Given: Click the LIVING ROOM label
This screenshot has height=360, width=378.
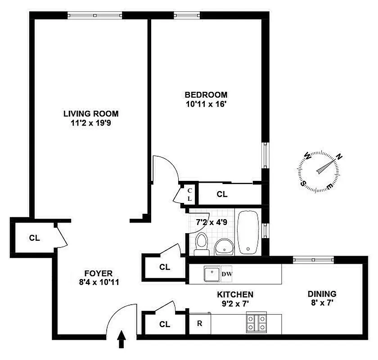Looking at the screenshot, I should click(90, 114).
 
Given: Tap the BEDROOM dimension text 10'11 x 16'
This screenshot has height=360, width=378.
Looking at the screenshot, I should click(206, 104).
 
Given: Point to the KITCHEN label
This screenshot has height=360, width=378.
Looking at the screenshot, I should click(235, 294).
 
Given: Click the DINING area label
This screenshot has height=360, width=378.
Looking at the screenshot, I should click(321, 294).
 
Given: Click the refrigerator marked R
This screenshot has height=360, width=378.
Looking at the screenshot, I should click(199, 323).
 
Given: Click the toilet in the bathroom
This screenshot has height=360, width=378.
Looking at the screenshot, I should click(202, 243).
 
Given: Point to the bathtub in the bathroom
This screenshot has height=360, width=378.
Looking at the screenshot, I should click(247, 232).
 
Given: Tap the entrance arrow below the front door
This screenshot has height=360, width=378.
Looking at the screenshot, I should click(121, 340).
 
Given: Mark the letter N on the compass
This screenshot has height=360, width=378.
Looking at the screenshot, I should click(340, 157).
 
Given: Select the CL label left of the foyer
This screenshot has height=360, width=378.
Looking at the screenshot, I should click(35, 238).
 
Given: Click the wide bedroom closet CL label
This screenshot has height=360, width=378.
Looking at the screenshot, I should click(222, 194).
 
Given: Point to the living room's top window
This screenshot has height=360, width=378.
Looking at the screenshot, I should click(95, 15).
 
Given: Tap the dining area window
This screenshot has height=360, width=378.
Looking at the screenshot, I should click(313, 259).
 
